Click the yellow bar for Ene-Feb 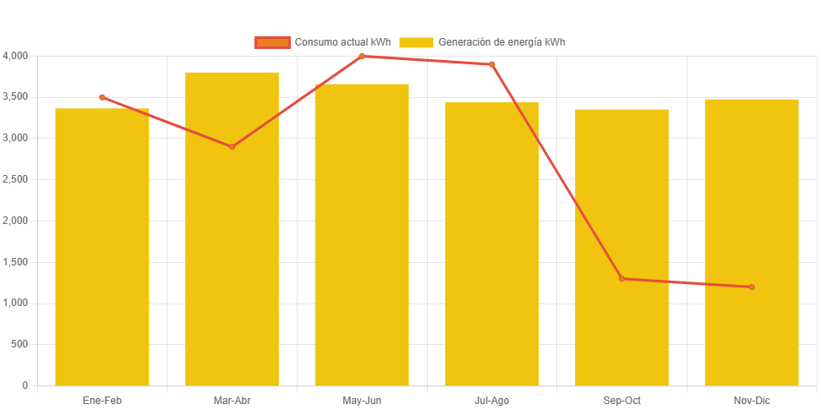102,254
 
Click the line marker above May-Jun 362,56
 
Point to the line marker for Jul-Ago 492,64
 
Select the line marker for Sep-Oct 621,278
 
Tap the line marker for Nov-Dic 752,287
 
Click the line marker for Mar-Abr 232,146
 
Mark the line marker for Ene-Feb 102,97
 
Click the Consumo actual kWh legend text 342,42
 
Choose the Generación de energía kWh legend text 502,42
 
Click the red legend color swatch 272,42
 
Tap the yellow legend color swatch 416,42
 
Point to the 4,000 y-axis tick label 15,56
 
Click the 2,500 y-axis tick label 15,179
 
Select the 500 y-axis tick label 19,344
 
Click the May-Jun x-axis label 362,400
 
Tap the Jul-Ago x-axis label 492,400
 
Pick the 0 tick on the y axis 25,385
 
